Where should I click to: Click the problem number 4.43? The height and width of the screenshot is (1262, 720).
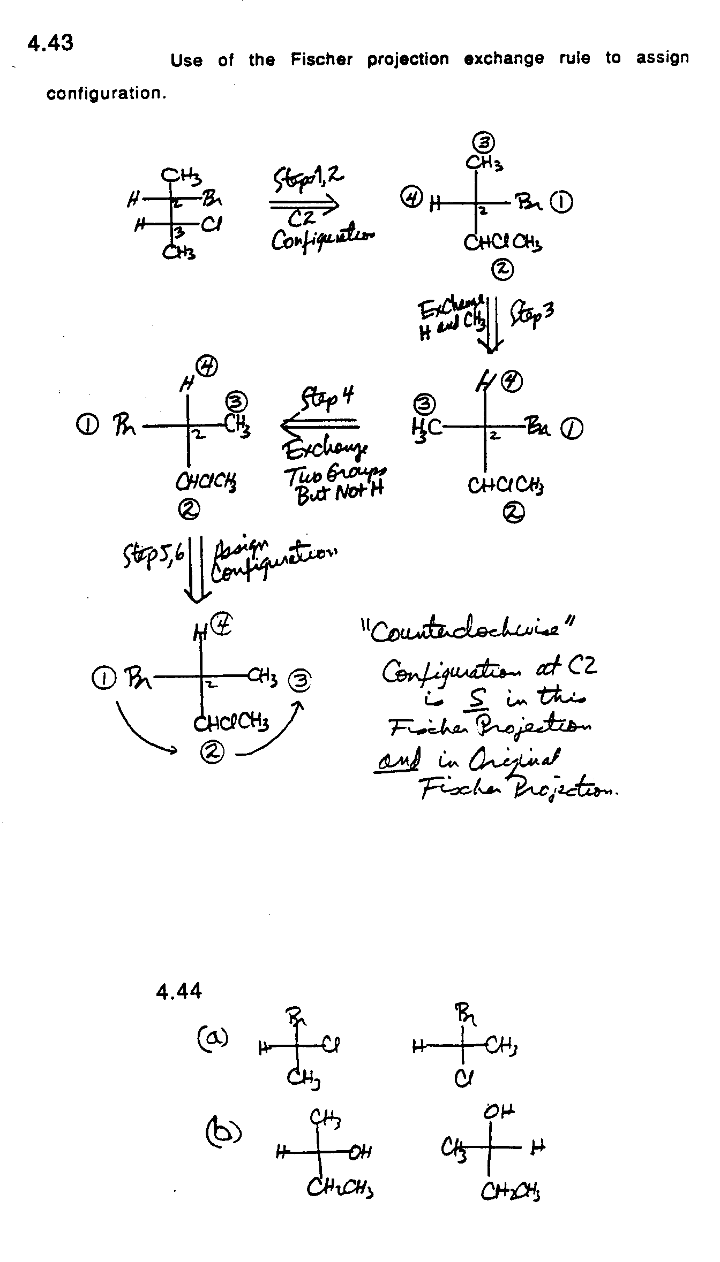pyautogui.click(x=50, y=43)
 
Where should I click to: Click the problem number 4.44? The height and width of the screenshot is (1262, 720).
pyautogui.click(x=179, y=992)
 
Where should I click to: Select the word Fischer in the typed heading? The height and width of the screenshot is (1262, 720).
pyautogui.click(x=321, y=59)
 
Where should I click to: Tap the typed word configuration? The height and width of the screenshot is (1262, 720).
pyautogui.click(x=106, y=94)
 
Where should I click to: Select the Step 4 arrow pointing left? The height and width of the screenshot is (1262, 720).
pyautogui.click(x=319, y=425)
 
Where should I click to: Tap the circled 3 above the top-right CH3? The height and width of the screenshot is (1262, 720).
pyautogui.click(x=484, y=142)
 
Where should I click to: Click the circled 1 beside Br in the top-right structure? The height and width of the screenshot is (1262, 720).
pyautogui.click(x=564, y=202)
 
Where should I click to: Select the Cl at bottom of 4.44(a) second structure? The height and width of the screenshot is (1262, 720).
pyautogui.click(x=462, y=1077)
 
